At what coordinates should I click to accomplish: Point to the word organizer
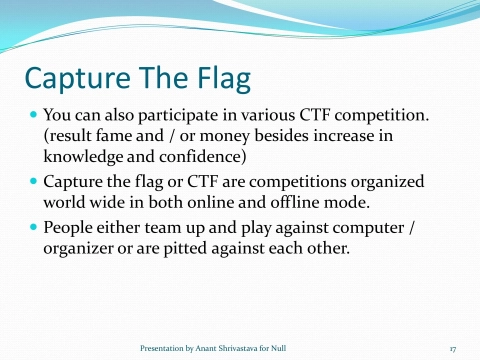point(82,247)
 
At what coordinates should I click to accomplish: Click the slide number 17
point(452,348)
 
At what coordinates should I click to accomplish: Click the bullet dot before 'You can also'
point(32,117)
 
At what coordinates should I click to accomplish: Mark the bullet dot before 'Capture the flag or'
point(32,182)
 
